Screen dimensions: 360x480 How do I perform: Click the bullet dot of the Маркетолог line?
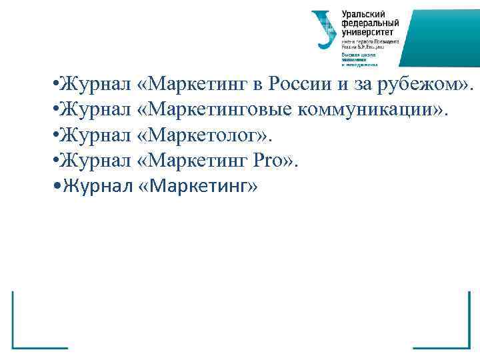pyautogui.click(x=55, y=136)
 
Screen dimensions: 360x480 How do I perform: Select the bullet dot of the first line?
pyautogui.click(x=55, y=85)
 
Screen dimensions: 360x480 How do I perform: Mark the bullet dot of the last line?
pyautogui.click(x=55, y=186)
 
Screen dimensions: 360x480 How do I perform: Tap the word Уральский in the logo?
pyautogui.click(x=363, y=14)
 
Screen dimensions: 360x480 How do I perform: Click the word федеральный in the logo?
pyautogui.click(x=368, y=23)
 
